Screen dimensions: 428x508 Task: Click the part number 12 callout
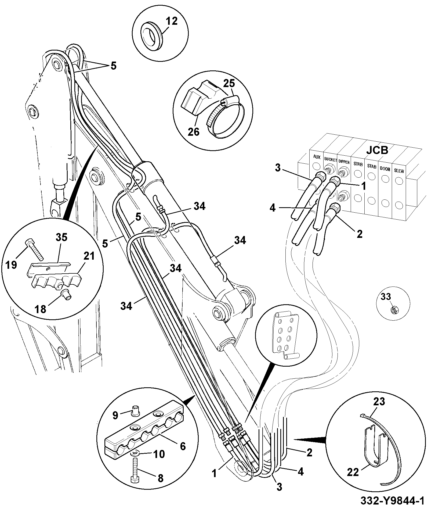[x=172, y=21]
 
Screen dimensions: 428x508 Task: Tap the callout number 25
[x=229, y=83]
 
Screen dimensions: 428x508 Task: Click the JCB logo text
[x=377, y=150]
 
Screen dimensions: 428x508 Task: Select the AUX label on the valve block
[x=317, y=156]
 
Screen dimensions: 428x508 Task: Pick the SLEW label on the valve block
[x=399, y=171]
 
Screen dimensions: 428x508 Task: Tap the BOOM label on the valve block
[x=385, y=169]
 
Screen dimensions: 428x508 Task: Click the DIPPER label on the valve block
[x=344, y=162]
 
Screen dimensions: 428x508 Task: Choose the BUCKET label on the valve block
[x=331, y=160]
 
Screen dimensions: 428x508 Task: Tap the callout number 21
[x=89, y=256]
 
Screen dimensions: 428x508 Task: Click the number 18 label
[x=41, y=309]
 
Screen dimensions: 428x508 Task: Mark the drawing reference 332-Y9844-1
[x=393, y=500]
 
